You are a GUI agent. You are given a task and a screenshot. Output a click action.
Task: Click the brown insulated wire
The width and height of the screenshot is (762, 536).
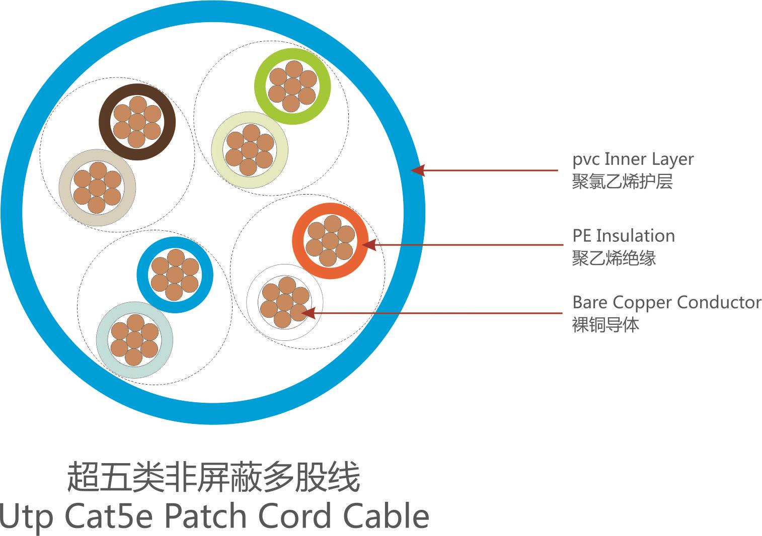(137, 122)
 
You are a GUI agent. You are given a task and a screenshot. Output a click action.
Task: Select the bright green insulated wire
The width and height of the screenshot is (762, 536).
(292, 86)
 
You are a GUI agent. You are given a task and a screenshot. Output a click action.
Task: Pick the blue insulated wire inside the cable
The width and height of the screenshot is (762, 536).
(175, 275)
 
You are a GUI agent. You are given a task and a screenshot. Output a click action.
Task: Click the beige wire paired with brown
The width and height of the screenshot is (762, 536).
(97, 188)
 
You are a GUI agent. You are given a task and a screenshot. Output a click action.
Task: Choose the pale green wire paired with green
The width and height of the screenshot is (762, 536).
(250, 150)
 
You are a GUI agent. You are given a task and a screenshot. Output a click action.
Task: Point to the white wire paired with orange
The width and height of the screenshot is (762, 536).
(284, 302)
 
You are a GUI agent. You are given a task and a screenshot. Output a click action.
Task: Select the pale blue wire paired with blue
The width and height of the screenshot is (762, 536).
(134, 339)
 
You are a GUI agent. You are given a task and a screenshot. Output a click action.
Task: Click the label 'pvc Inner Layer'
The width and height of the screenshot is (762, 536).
(633, 159)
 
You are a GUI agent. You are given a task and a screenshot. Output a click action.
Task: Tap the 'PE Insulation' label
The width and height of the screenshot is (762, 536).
(623, 236)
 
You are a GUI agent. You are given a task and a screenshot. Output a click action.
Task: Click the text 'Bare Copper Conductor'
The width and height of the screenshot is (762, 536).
(666, 302)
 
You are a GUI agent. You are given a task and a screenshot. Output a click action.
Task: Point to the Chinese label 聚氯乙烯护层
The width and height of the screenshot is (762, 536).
(622, 182)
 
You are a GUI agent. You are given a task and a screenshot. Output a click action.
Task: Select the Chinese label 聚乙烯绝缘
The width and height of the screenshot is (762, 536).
(614, 258)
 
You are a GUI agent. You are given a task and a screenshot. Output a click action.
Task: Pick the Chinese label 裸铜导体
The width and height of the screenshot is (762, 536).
(605, 325)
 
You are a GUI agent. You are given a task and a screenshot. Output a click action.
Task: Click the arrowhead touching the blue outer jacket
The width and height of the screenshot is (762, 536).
(418, 170)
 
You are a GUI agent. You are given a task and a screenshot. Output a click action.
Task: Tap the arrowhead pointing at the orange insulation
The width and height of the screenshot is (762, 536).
(369, 245)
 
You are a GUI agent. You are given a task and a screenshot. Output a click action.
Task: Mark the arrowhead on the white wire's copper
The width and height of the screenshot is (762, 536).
(308, 313)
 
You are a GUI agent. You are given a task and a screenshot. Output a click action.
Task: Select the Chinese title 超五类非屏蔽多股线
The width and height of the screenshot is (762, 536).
(213, 478)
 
